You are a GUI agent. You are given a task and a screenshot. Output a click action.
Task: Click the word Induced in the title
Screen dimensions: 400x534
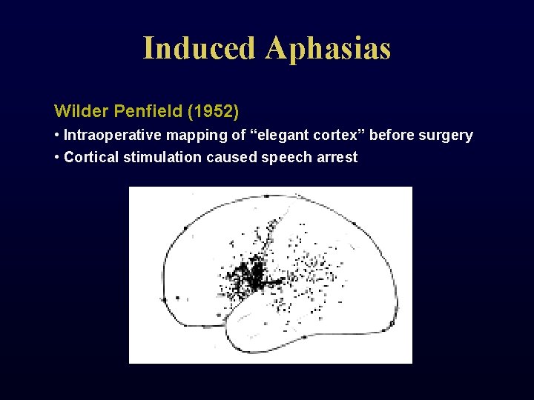(x=200, y=48)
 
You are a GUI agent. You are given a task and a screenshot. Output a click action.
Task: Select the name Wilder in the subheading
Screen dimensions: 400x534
(x=82, y=112)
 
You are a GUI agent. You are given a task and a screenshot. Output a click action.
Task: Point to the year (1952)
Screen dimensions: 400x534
(x=214, y=112)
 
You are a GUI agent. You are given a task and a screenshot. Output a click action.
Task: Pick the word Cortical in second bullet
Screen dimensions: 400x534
(x=89, y=157)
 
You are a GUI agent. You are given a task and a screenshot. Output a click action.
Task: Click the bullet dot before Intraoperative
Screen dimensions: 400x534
(x=57, y=136)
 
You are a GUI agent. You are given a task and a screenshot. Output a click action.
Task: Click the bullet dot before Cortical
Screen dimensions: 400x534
(x=57, y=157)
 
